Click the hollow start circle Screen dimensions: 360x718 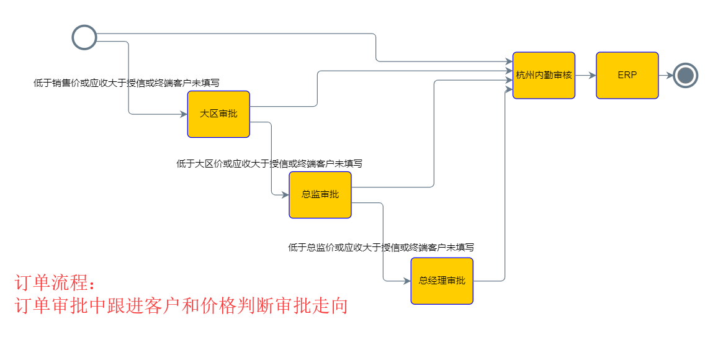tap(84, 37)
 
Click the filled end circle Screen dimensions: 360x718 tap(685, 76)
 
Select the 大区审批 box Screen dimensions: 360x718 tap(218, 114)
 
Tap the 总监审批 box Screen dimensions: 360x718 tap(320, 195)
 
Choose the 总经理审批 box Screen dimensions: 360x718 tap(442, 281)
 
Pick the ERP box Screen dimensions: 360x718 tap(627, 75)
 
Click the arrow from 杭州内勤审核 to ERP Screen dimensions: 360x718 tap(585, 75)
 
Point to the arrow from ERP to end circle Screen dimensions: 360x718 tap(665, 75)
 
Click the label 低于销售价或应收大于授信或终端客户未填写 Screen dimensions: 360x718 tap(127, 83)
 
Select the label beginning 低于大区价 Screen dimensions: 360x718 tap(269, 164)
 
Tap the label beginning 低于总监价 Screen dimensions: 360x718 tap(381, 247)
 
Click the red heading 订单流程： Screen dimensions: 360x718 tap(56, 284)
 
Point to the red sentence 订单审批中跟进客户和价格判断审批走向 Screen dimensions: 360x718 tap(181, 306)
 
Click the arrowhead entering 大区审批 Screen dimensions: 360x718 tap(184, 114)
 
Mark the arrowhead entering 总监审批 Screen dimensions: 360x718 tap(285, 195)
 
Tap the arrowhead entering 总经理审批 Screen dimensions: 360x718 tap(407, 281)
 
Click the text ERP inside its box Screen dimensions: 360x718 tap(627, 75)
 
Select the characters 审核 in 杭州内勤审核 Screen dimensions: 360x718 tap(562, 75)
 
